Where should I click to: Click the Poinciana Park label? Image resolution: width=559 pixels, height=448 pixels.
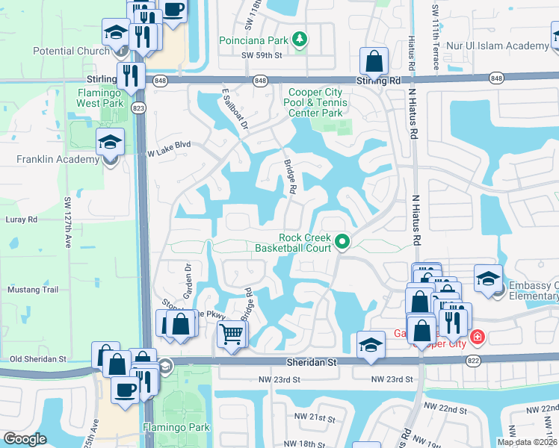point(253,39)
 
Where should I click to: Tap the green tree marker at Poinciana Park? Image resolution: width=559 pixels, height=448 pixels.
point(299,38)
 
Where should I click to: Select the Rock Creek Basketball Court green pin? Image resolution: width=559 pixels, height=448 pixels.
point(343,241)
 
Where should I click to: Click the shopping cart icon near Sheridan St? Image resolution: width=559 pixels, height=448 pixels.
point(232,334)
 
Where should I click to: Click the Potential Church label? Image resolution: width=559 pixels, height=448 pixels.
point(71,52)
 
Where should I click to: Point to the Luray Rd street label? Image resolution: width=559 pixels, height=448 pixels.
point(22,220)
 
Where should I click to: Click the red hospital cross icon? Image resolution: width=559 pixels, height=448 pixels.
point(478,337)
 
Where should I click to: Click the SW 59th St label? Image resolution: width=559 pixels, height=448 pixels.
point(262,55)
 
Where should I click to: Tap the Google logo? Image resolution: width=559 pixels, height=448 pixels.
point(25,439)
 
